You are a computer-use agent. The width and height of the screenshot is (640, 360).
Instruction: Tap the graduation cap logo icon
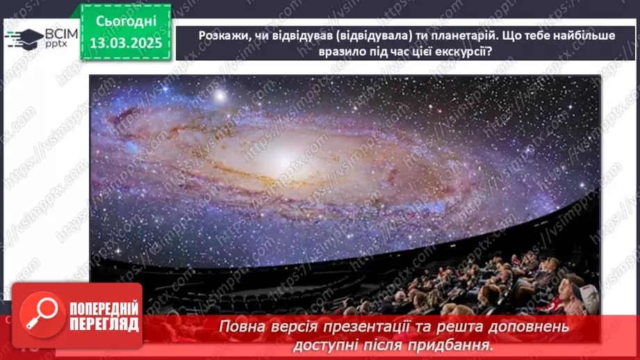pos(23,37)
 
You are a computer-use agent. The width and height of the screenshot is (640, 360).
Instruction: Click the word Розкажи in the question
pos(222,36)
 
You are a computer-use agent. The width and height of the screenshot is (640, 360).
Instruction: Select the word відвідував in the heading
pos(295,36)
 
